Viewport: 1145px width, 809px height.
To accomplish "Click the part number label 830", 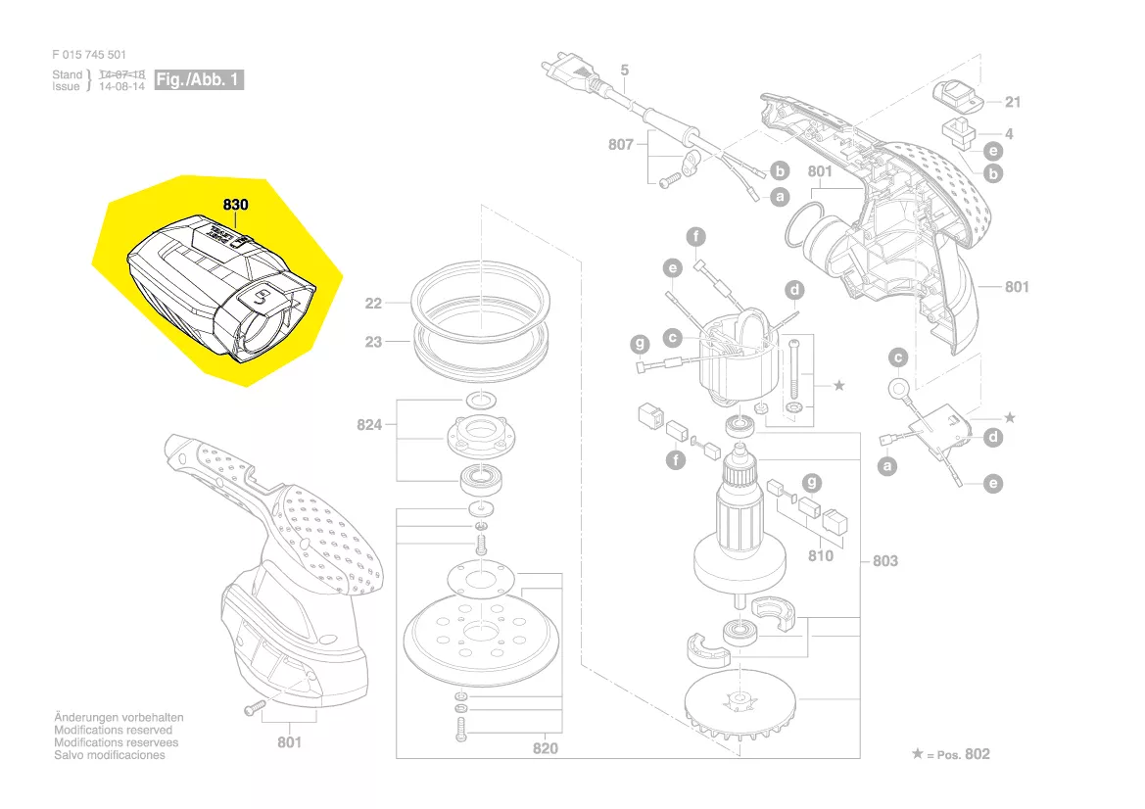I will point(235,206).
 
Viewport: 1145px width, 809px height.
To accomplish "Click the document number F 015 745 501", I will point(89,55).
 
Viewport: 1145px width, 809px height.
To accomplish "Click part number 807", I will point(620,144).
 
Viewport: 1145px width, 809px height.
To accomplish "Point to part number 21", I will point(1013,102).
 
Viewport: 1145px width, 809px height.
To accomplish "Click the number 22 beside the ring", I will point(373,304).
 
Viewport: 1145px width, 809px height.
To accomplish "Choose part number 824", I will point(369,425).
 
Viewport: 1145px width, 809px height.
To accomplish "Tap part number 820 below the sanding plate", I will point(546,748).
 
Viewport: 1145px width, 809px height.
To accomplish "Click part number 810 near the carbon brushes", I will point(820,555).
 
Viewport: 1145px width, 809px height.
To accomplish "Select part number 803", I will point(884,561).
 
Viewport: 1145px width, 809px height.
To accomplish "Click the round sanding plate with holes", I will point(479,642).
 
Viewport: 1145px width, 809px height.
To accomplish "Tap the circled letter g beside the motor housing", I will point(640,344).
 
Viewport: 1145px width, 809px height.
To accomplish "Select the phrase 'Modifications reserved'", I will point(113,731).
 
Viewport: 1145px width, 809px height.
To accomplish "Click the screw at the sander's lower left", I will point(253,706).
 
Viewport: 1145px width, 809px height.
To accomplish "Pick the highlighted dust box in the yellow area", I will point(220,285).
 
